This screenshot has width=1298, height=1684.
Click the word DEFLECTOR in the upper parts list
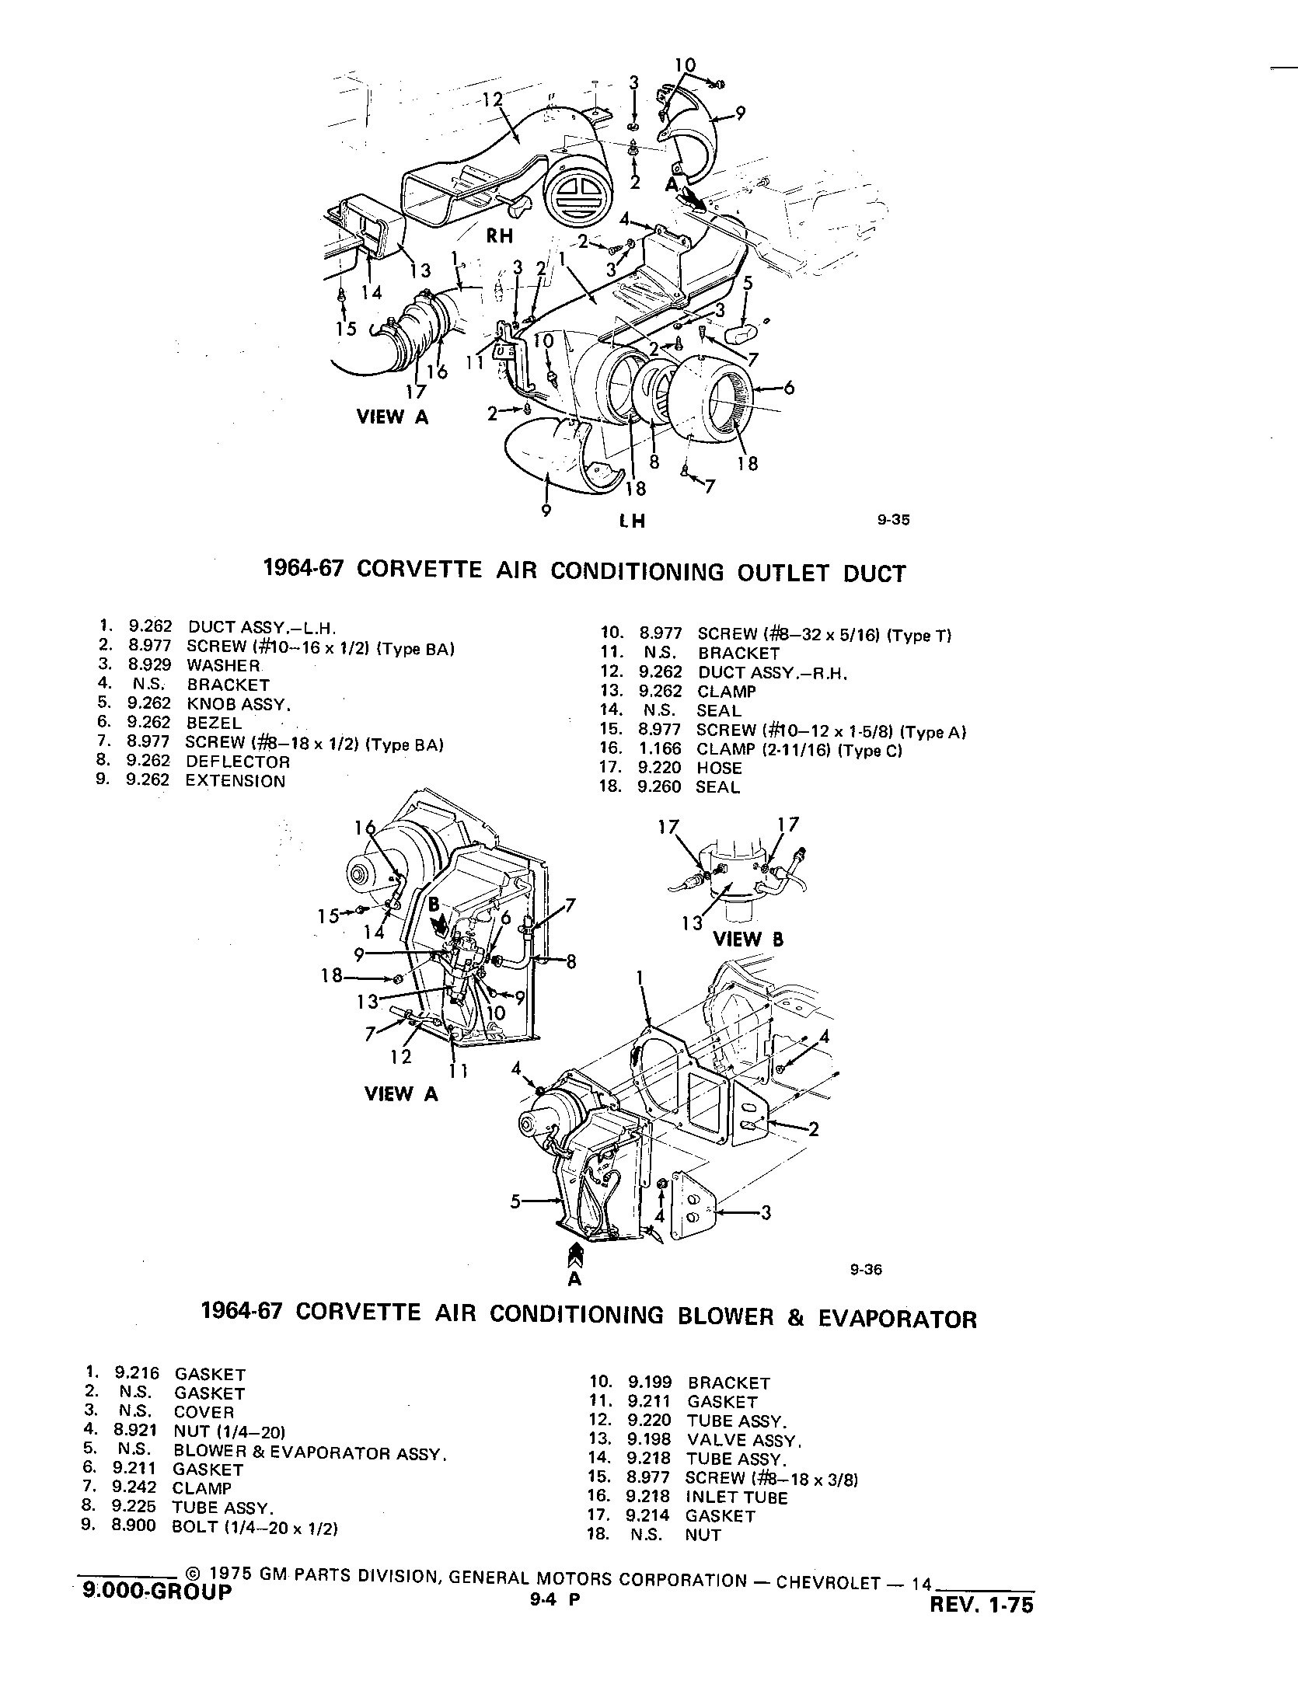point(237,762)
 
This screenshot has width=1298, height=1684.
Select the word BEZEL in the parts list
point(214,723)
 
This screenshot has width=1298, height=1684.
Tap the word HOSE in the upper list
point(719,768)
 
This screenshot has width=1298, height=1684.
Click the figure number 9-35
point(893,521)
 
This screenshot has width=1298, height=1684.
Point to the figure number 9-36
point(866,1271)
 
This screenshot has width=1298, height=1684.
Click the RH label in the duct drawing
point(500,235)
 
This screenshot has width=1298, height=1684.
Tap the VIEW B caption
point(748,939)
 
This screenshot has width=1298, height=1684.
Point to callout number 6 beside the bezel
point(789,387)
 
